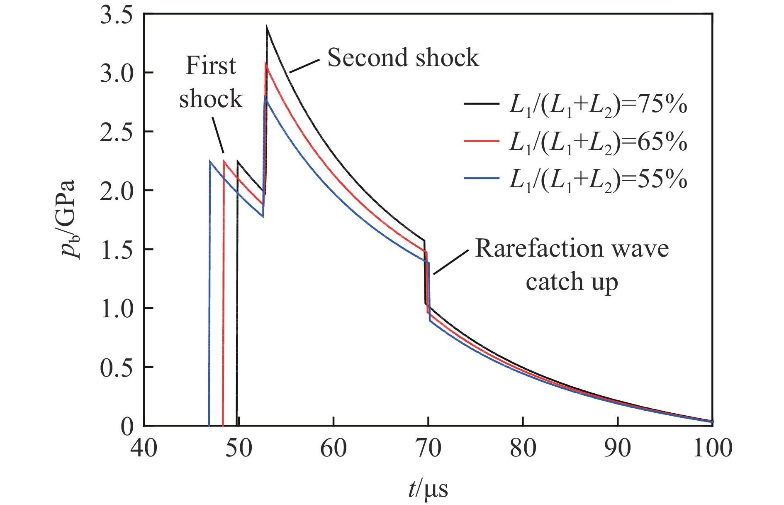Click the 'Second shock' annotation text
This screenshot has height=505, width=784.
pyautogui.click(x=403, y=57)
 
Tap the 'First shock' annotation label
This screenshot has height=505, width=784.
pyautogui.click(x=211, y=82)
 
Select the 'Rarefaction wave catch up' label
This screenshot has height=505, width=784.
pyautogui.click(x=572, y=265)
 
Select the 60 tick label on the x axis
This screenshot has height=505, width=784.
pyautogui.click(x=334, y=449)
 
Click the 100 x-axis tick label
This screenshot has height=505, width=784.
pyautogui.click(x=713, y=449)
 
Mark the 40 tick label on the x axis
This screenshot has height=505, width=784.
pyautogui.click(x=144, y=449)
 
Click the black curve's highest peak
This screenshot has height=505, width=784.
pyautogui.click(x=267, y=28)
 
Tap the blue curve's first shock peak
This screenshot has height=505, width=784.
pyautogui.click(x=210, y=161)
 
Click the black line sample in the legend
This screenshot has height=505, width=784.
pyautogui.click(x=481, y=104)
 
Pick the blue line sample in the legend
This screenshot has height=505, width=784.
pyautogui.click(x=481, y=178)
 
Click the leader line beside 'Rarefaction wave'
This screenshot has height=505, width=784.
pyautogui.click(x=451, y=262)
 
